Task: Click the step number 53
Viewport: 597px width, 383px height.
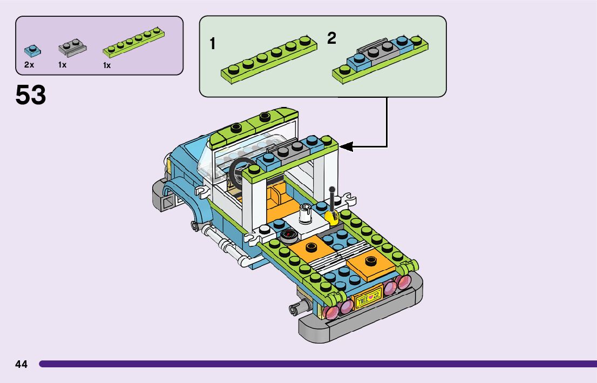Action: (x=31, y=95)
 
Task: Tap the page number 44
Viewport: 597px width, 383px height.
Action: (x=22, y=364)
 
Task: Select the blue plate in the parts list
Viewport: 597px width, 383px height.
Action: (x=31, y=51)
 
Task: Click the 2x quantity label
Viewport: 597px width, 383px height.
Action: (x=29, y=65)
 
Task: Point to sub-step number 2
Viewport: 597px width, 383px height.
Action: (x=331, y=38)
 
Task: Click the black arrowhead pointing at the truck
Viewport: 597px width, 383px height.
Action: (x=346, y=146)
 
